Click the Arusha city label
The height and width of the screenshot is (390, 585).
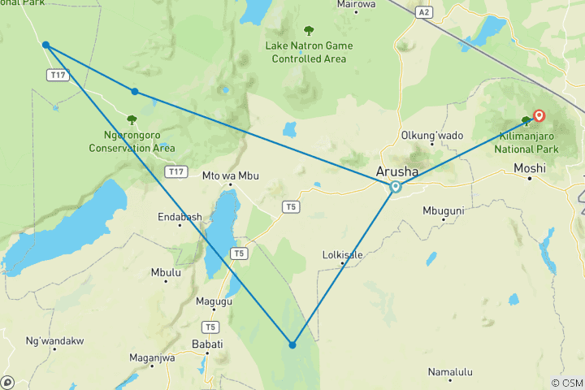[x=398, y=171]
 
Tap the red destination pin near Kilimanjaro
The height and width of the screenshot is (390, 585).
[x=538, y=116]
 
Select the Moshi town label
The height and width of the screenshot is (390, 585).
[x=531, y=169]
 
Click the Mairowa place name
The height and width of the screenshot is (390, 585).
[x=357, y=4]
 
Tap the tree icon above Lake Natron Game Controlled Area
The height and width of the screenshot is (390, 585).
[x=309, y=32]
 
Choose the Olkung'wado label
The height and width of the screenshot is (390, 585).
[x=432, y=135]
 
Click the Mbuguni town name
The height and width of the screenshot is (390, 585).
[x=444, y=210]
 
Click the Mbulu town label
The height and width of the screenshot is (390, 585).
[x=166, y=273]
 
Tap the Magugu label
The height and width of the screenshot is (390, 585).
[x=214, y=301]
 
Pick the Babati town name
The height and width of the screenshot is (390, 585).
[x=206, y=344]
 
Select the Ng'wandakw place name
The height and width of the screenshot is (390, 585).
[x=55, y=341]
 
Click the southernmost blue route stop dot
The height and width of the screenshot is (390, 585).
[x=292, y=345]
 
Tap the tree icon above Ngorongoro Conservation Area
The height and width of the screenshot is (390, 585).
[x=132, y=120]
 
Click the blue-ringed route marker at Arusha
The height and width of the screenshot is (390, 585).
[x=396, y=187]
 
